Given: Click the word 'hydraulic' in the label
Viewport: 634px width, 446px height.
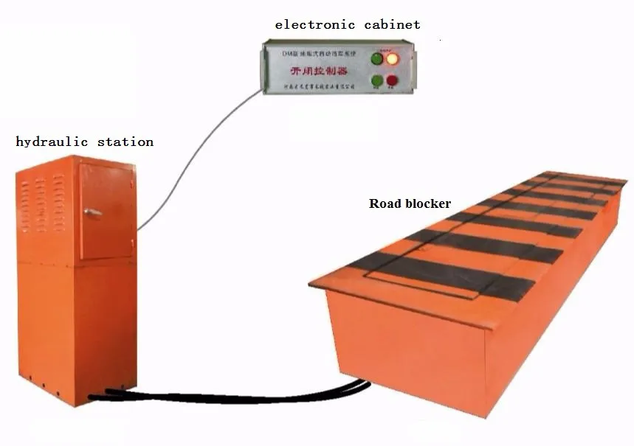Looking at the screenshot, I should tap(52, 142).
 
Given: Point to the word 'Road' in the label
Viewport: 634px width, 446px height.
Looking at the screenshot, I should tap(385, 203).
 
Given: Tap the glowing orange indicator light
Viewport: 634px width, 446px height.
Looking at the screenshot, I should tap(393, 58).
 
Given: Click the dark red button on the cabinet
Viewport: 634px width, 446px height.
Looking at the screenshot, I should tap(392, 80).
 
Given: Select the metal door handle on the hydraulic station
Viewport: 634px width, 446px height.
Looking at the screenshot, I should tap(93, 212).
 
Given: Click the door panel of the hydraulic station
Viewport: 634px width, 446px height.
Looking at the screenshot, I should tap(107, 210).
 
